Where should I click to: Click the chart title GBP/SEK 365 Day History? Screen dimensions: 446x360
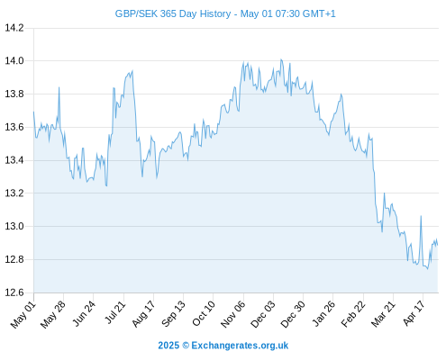(x=173, y=13)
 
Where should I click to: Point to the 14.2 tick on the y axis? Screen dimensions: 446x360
(x=14, y=28)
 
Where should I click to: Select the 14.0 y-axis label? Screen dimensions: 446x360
(x=14, y=61)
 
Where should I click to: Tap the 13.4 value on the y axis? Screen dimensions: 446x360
(x=14, y=160)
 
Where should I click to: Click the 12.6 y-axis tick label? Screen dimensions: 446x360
(x=14, y=292)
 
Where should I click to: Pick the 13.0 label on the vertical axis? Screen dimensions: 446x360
(x=14, y=226)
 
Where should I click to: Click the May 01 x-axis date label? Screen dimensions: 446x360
(x=23, y=315)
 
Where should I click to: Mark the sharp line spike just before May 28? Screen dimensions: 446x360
(x=59, y=87)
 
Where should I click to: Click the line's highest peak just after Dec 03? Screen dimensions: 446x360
(x=281, y=59)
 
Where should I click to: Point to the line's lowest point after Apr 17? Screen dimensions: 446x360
(x=428, y=268)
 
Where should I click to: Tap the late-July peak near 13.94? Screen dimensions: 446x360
(x=132, y=71)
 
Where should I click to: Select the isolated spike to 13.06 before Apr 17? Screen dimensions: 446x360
(x=421, y=216)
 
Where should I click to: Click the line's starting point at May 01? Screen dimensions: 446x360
(x=33, y=112)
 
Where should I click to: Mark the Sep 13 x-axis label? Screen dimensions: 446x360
(x=173, y=314)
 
